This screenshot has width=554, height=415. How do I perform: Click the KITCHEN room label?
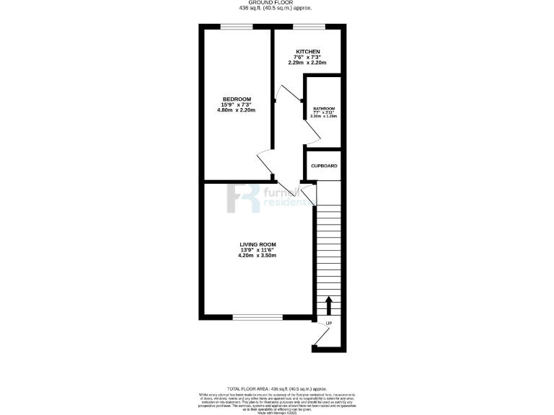(x=308, y=52)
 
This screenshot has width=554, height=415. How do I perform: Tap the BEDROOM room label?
(x=236, y=99)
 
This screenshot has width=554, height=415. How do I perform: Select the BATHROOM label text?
(x=324, y=109)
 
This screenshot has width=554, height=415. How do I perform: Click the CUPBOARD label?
(x=324, y=166)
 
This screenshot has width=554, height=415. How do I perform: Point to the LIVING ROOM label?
(x=258, y=244)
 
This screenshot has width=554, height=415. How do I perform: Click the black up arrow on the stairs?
(x=329, y=305)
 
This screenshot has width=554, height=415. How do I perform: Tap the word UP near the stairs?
(x=329, y=323)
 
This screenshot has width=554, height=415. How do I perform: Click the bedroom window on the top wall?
(x=237, y=27)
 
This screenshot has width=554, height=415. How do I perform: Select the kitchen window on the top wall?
(x=308, y=27)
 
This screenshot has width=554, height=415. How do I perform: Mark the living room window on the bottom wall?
(x=258, y=317)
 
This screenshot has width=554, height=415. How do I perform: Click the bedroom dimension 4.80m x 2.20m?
(x=236, y=112)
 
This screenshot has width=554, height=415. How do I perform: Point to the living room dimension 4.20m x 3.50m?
(x=258, y=256)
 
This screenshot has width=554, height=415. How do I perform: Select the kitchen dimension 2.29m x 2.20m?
(x=308, y=63)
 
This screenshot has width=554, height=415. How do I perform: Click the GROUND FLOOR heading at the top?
(x=276, y=4)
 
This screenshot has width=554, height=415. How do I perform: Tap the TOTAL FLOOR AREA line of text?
(x=276, y=388)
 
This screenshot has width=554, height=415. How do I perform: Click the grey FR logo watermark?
(x=244, y=198)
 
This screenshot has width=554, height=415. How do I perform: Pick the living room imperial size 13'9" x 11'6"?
(x=258, y=250)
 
